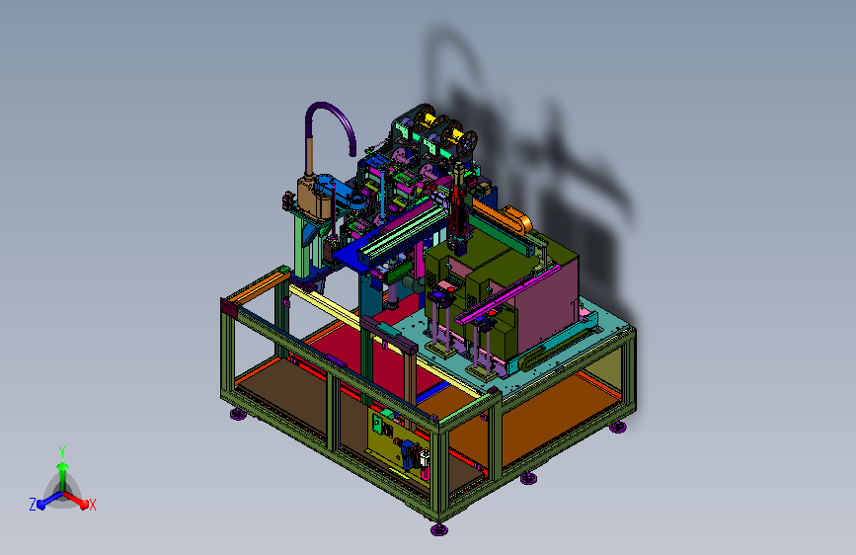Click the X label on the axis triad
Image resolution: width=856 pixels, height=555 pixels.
coord(92,505)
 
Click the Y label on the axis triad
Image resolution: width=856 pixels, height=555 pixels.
coord(62,452)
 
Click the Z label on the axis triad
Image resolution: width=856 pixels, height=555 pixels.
coord(33,505)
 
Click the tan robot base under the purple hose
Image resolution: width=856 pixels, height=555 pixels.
coord(313,194)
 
